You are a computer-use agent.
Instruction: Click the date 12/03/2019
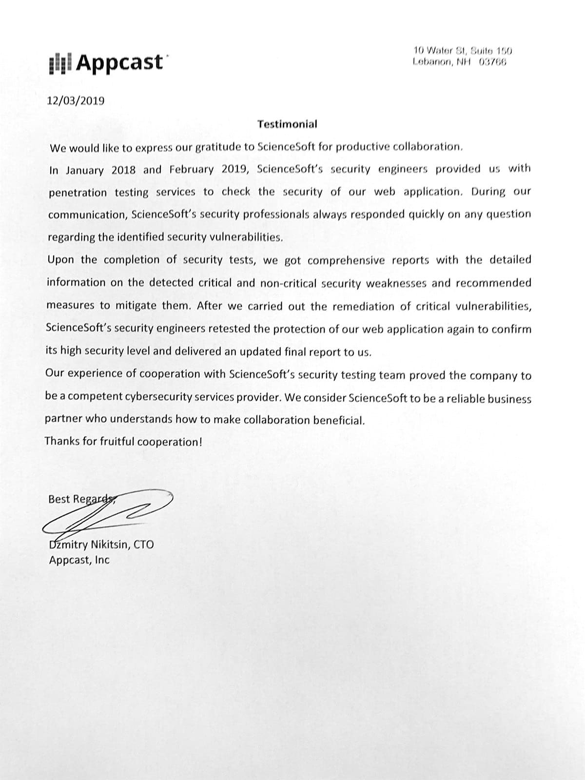(76, 101)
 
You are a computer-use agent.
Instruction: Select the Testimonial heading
(287, 124)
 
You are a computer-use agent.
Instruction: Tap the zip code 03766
(493, 62)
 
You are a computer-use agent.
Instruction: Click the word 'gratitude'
(219, 147)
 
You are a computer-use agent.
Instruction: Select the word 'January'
(84, 170)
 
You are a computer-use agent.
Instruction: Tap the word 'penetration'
(78, 193)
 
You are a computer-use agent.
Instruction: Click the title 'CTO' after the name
(144, 545)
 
